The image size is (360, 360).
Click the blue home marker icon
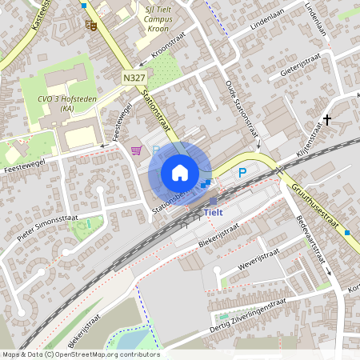coord(180,173)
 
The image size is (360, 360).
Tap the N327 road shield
coord(134,78)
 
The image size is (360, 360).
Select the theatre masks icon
coord(91,25)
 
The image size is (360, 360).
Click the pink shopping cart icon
coord(137,150)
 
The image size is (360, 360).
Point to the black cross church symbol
coord(326,121)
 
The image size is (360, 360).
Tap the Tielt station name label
coord(214,212)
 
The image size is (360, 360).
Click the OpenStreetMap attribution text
coord(80,354)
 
